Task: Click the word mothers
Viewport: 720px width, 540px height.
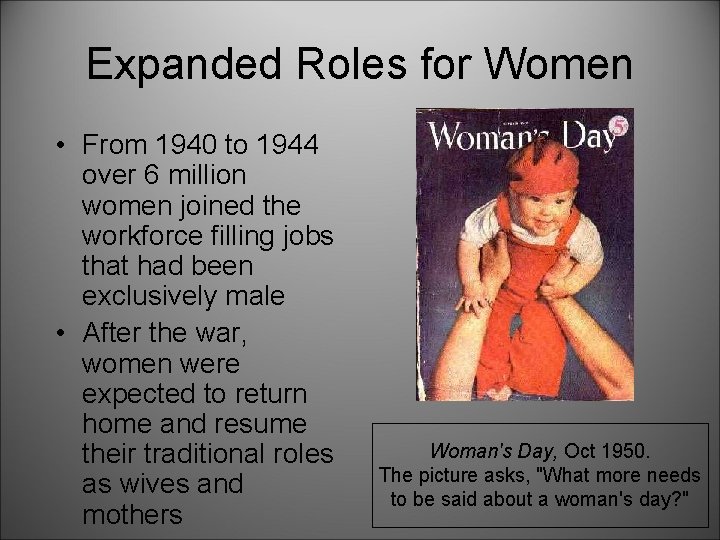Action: [x=132, y=514]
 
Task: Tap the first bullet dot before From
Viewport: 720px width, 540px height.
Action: [x=61, y=146]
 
